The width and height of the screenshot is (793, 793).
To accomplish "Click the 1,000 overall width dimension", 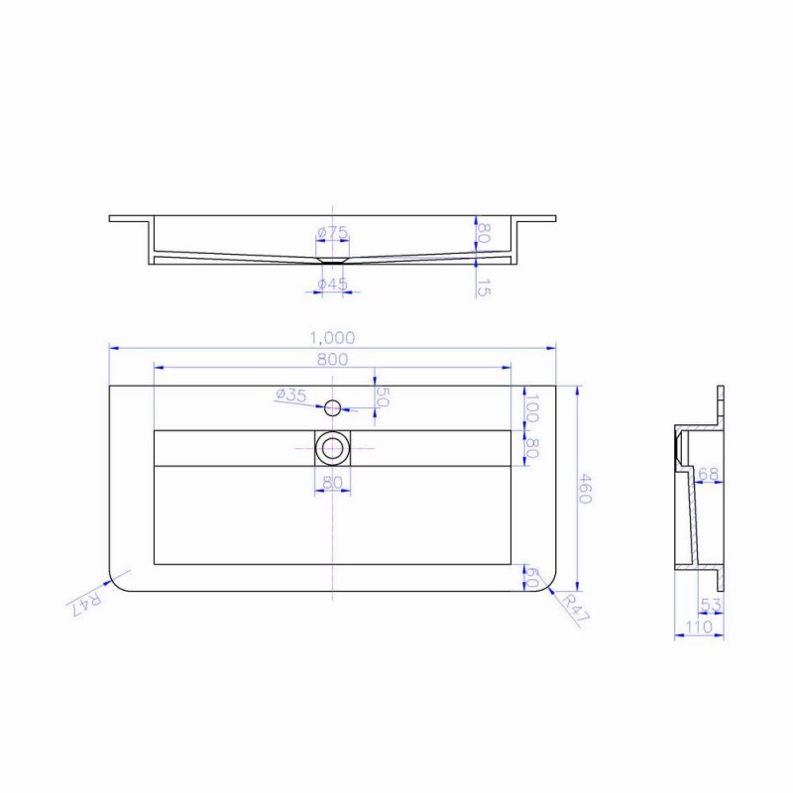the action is tap(332, 337).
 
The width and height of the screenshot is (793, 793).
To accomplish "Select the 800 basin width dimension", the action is tap(332, 359).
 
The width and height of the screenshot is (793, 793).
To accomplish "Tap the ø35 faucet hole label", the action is tap(291, 395).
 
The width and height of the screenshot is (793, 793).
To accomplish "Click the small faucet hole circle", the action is tap(332, 407).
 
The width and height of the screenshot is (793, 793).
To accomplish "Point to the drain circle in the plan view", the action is tap(332, 448).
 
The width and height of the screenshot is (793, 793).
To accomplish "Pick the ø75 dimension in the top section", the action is tap(332, 233).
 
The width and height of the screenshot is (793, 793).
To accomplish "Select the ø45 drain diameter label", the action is tap(332, 284).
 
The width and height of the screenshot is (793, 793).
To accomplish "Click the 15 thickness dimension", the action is tap(484, 287).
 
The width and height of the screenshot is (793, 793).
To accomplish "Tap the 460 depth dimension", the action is tap(584, 489).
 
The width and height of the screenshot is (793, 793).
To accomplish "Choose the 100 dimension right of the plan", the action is tap(531, 407).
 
